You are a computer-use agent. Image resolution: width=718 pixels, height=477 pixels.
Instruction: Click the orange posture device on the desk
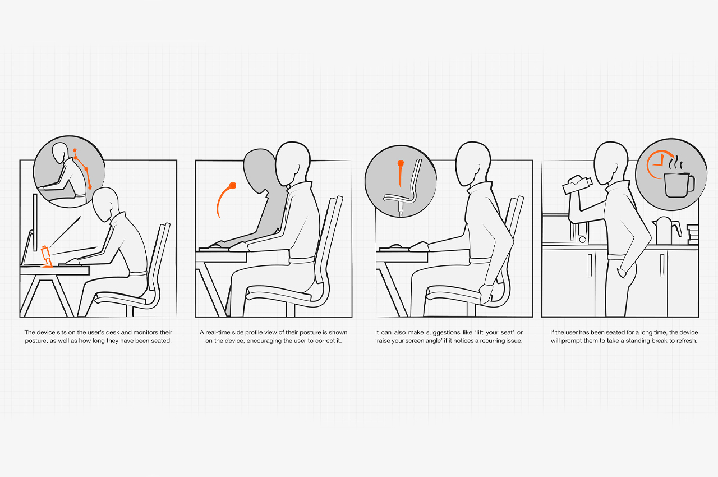coord(47,256)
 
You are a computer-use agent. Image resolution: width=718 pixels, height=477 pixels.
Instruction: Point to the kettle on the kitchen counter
coord(666,230)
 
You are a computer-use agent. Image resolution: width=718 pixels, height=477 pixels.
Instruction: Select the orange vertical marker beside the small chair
coord(401,174)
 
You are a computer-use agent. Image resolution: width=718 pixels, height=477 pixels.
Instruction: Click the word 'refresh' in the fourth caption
coord(685,341)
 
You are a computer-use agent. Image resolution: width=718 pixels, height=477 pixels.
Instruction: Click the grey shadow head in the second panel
coord(260,171)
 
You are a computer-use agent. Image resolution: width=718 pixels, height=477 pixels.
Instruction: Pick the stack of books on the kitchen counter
coord(692,234)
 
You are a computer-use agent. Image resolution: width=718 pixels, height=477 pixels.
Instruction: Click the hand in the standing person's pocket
coord(622,273)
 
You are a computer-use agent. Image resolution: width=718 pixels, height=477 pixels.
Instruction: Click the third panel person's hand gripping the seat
coord(486,294)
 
